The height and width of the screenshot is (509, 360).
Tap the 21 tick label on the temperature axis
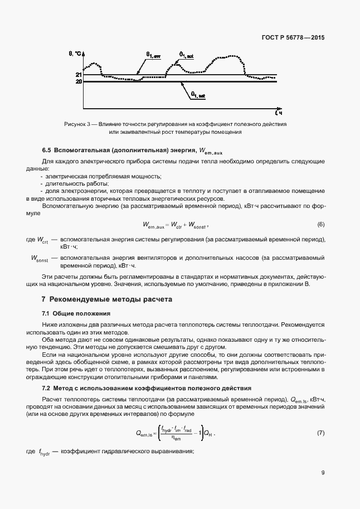[79, 75]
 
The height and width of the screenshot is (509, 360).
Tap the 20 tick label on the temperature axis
[79, 82]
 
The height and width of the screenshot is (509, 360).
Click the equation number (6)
[320, 225]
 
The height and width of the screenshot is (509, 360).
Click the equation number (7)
[320, 433]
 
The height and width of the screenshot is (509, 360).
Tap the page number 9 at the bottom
[323, 473]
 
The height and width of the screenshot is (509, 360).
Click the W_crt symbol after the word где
[42, 240]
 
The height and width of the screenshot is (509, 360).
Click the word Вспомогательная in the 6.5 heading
[82, 150]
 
